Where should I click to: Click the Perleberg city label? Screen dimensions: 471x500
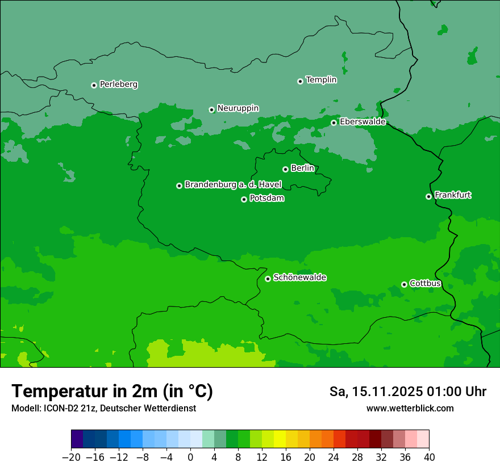pyautogui.click(x=118, y=85)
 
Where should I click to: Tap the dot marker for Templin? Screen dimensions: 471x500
pyautogui.click(x=300, y=81)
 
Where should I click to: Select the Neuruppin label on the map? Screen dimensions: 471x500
pyautogui.click(x=238, y=108)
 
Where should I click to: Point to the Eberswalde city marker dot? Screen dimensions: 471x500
pyautogui.click(x=334, y=123)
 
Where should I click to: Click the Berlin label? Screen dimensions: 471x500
pyautogui.click(x=302, y=169)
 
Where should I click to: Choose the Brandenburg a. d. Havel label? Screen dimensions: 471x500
pyautogui.click(x=233, y=185)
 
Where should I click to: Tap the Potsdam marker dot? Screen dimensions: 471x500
pyautogui.click(x=244, y=199)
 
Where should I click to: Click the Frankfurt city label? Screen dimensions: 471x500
pyautogui.click(x=452, y=195)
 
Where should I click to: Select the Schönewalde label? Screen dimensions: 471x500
pyautogui.click(x=299, y=277)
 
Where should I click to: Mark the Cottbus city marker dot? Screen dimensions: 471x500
pyautogui.click(x=404, y=284)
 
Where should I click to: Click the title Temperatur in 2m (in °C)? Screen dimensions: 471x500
pyautogui.click(x=113, y=391)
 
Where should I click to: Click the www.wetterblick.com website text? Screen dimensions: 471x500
pyautogui.click(x=410, y=408)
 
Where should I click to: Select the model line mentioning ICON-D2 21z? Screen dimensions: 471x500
pyautogui.click(x=103, y=408)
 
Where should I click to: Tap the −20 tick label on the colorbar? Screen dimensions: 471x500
pyautogui.click(x=71, y=457)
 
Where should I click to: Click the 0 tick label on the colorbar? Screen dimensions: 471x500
pyautogui.click(x=190, y=457)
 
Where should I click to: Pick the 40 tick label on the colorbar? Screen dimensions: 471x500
pyautogui.click(x=429, y=457)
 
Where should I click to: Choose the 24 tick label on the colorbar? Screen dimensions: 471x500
pyautogui.click(x=334, y=457)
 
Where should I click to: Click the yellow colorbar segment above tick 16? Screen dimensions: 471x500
pyautogui.click(x=280, y=439)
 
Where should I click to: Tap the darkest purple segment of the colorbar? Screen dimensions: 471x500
pyautogui.click(x=77, y=439)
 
